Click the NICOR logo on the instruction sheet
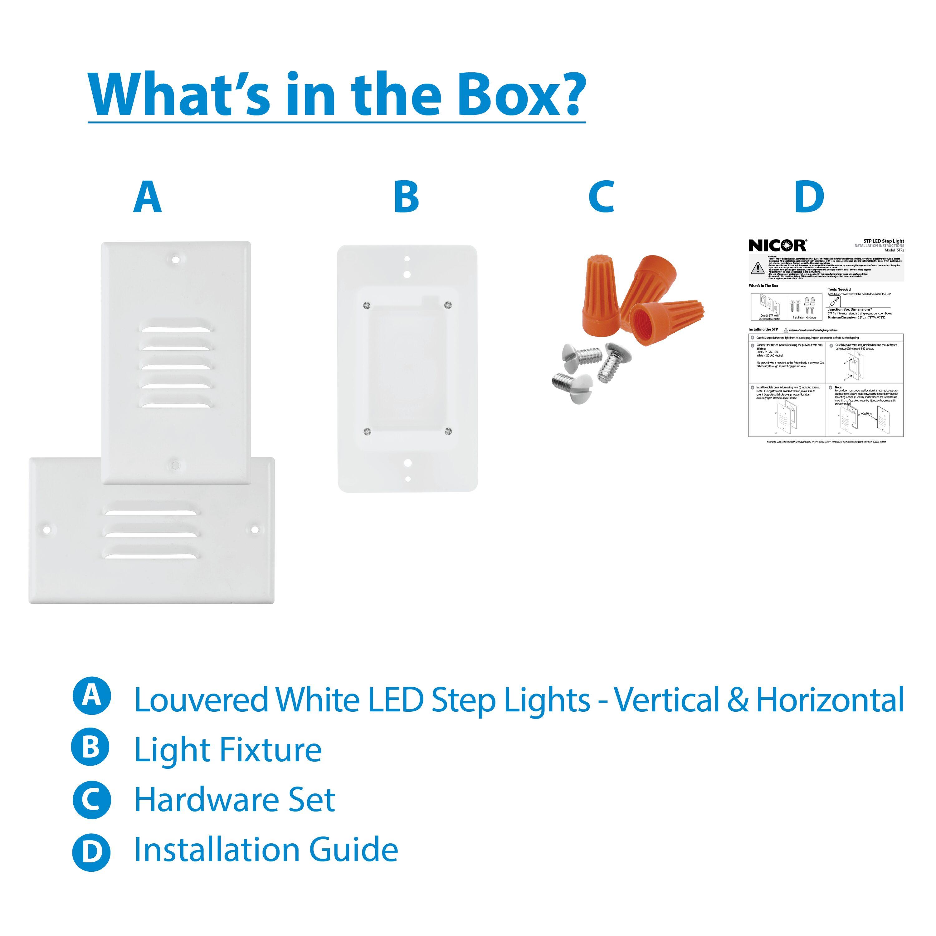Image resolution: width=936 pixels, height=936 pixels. [x=777, y=245]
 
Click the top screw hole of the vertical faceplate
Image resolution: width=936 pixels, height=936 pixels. [x=175, y=259]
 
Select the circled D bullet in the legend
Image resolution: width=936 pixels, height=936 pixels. [x=91, y=851]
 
